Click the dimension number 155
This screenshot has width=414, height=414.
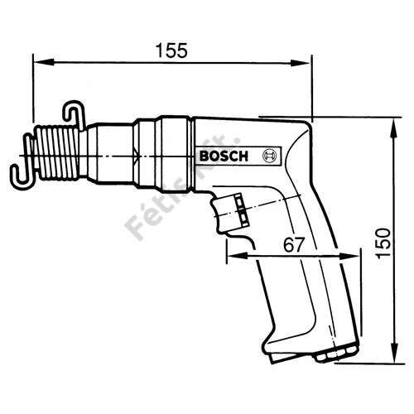[171, 51]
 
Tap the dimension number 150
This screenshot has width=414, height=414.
[383, 243]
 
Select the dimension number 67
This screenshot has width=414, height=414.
[294, 244]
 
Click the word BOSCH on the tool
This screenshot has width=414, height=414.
[224, 156]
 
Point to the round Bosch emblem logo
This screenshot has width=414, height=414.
[269, 156]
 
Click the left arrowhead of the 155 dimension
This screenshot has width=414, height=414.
[43, 62]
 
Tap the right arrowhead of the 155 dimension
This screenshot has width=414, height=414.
[300, 63]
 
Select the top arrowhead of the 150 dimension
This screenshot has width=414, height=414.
[395, 128]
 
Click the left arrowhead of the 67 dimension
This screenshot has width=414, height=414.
[237, 256]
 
